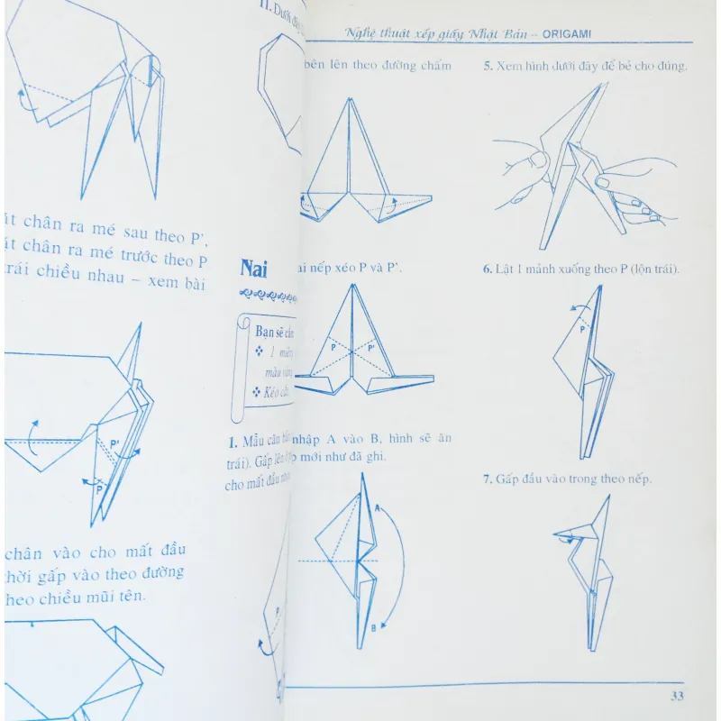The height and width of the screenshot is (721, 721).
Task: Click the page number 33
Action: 678,697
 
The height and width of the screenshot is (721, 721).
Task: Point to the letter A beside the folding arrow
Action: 378,508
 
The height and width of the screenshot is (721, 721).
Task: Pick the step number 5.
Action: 487,66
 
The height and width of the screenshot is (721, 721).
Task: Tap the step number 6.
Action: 487,269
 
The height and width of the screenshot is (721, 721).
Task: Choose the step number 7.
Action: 487,479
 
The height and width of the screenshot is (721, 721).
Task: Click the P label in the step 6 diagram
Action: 582,330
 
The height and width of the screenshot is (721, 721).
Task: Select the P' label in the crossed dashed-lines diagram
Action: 371,347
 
